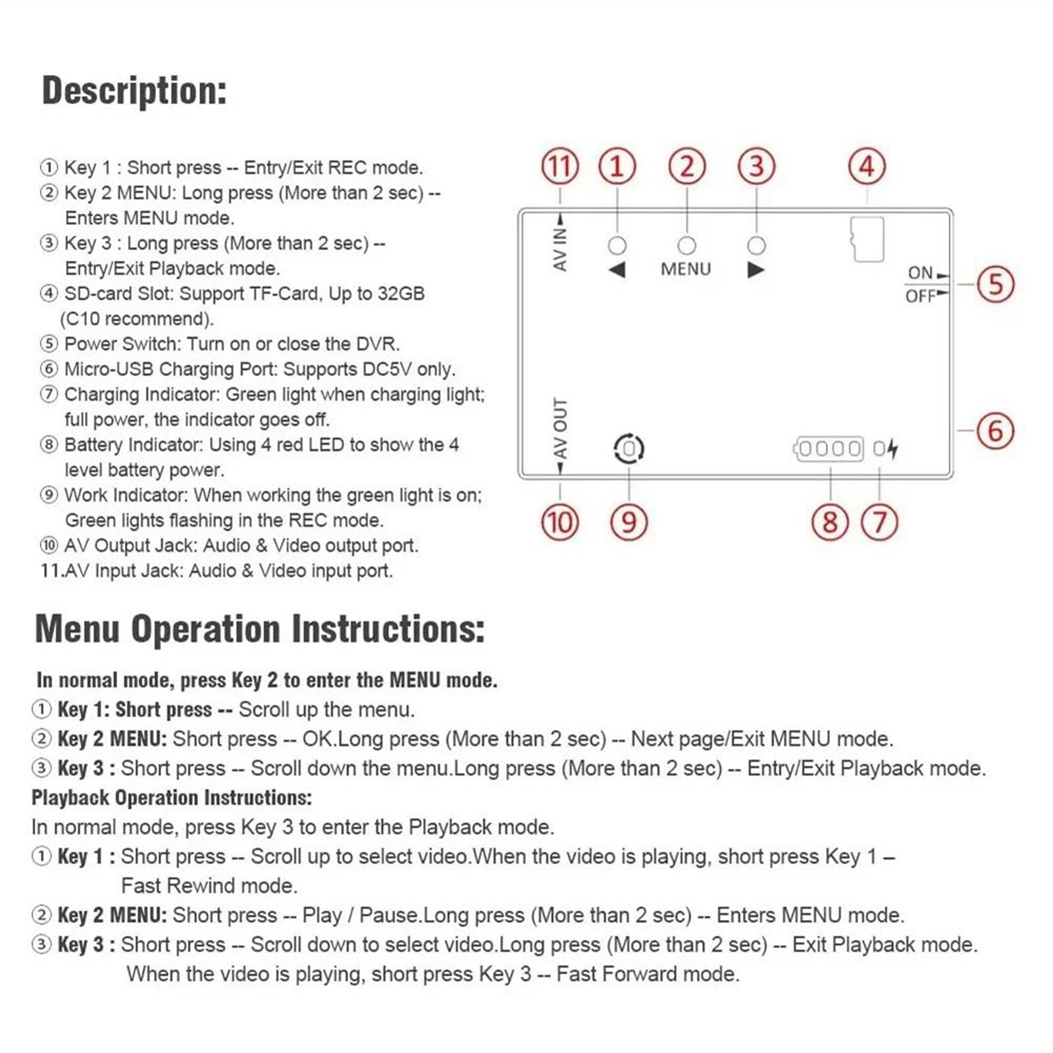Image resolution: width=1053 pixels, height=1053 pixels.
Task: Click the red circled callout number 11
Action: pos(560,167)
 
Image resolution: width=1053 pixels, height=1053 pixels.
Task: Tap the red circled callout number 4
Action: pos(867,167)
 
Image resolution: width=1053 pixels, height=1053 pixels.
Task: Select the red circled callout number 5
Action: pos(995,284)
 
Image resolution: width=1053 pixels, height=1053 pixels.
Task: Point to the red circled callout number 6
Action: pos(995,431)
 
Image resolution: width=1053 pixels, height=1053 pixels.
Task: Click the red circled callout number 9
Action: pos(629,523)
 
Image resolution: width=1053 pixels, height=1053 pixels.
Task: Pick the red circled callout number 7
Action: pos(880,523)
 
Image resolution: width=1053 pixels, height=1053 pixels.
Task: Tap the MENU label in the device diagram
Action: pos(686,269)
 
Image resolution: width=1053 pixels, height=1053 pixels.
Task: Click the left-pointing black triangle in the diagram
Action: pos(617,269)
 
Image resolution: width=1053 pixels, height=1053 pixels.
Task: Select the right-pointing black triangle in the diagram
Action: pos(756,269)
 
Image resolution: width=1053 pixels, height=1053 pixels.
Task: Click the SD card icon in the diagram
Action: pos(867,239)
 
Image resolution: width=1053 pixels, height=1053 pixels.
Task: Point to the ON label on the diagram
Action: pos(920,272)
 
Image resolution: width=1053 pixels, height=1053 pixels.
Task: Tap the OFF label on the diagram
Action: pos(920,296)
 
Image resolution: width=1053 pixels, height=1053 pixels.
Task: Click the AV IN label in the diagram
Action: pos(560,249)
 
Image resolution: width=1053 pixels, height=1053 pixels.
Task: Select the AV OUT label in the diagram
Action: pos(560,428)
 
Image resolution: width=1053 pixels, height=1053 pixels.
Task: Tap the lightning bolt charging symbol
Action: pos(893,449)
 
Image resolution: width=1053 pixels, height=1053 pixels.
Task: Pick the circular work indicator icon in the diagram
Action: pos(629,449)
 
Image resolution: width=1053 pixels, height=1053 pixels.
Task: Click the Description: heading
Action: pos(134,91)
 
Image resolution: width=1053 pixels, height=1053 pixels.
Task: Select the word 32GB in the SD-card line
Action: pos(400,294)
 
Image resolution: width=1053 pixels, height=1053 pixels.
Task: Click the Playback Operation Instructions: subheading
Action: pos(172,798)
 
